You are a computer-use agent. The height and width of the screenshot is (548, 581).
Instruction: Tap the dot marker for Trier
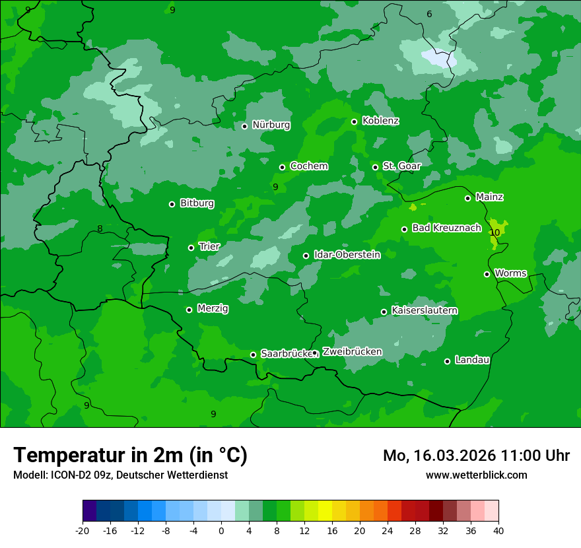coord(191,248)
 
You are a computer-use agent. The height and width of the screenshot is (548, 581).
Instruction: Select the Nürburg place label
coord(271,125)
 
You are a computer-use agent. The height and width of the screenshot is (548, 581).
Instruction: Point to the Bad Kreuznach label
coord(446,228)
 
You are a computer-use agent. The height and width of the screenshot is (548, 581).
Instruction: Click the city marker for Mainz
coord(467,198)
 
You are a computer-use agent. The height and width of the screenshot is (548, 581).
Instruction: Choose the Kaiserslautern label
coord(425,310)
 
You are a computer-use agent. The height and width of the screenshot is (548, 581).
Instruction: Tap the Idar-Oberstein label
coord(347,254)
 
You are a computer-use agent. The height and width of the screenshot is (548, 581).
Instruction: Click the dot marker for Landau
coord(447,361)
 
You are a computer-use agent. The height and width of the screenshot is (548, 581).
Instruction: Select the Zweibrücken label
coord(352,352)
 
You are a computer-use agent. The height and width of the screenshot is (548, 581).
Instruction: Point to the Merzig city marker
coord(189,310)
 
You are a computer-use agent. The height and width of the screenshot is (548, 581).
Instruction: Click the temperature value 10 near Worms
coord(495,232)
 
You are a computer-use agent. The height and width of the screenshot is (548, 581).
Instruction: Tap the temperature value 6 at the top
coord(428,14)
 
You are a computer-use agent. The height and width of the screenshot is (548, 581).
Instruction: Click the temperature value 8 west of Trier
coord(100,229)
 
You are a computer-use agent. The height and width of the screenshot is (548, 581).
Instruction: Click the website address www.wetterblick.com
coord(476,475)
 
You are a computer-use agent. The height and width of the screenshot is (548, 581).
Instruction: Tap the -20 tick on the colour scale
coord(83,530)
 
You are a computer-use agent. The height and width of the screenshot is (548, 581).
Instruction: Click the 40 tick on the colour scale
coord(498,530)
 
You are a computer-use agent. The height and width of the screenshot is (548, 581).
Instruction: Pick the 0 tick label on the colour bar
coord(221,530)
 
